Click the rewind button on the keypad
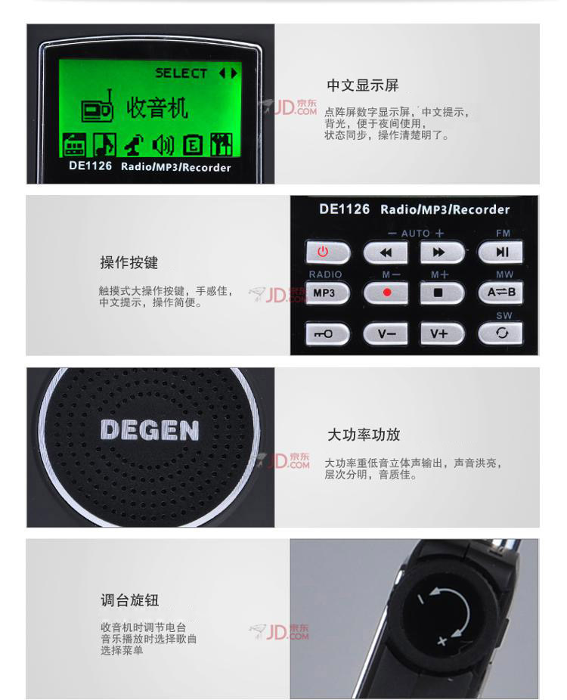(386, 252)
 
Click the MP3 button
(327, 293)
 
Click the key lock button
(327, 333)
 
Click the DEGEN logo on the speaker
(150, 430)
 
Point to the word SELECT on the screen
(181, 73)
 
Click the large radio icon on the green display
(98, 107)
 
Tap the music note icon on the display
(105, 144)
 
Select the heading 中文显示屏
(363, 85)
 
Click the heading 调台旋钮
(129, 600)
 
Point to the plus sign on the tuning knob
(442, 642)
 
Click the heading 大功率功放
(364, 435)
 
